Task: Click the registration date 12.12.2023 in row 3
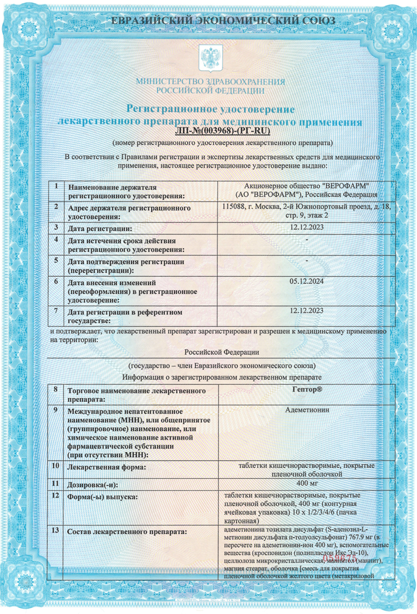pos(306,227)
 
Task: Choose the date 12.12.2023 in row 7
pos(306,311)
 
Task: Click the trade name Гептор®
pos(306,390)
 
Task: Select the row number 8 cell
pos(55,390)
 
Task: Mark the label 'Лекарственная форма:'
pos(107,467)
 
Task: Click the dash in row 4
pos(306,240)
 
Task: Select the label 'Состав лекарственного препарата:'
pos(127,532)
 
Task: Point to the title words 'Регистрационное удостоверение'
pos(210,108)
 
